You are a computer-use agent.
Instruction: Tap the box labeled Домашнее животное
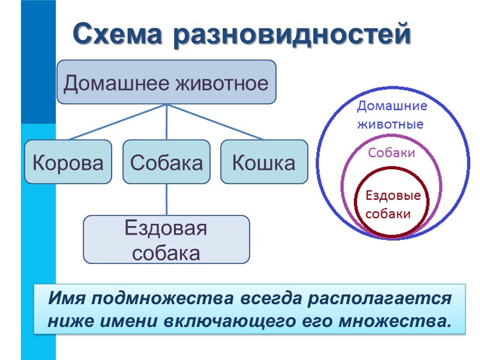point(166,82)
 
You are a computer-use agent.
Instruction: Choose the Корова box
point(68,162)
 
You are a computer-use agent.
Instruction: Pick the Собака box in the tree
point(166,162)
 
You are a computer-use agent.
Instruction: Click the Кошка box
point(264,162)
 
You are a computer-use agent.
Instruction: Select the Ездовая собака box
point(166,239)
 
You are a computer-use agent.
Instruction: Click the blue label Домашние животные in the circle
point(391,116)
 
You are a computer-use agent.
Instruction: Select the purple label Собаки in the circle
point(391,153)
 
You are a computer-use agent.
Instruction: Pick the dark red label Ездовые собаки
point(393,205)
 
